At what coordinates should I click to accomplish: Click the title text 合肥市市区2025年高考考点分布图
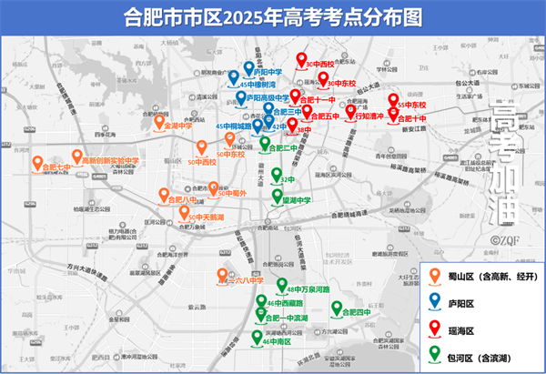(x=272, y=17)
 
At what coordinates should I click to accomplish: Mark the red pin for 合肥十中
(x=392, y=113)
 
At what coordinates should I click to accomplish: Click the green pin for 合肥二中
(x=265, y=143)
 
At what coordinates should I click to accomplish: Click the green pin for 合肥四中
(x=339, y=309)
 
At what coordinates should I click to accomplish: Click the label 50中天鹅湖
(x=206, y=217)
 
